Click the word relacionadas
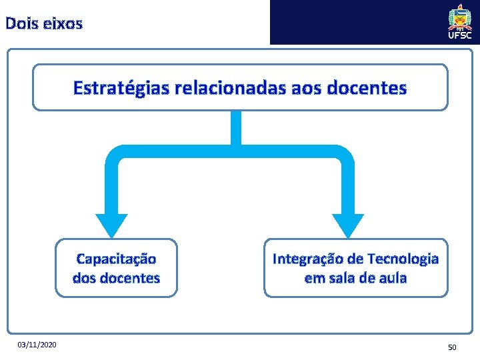229,87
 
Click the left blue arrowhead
111,224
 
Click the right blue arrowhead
348,224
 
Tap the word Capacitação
117,258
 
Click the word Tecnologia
403,258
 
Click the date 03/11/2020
38,344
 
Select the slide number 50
452,347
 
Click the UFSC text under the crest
460,35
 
